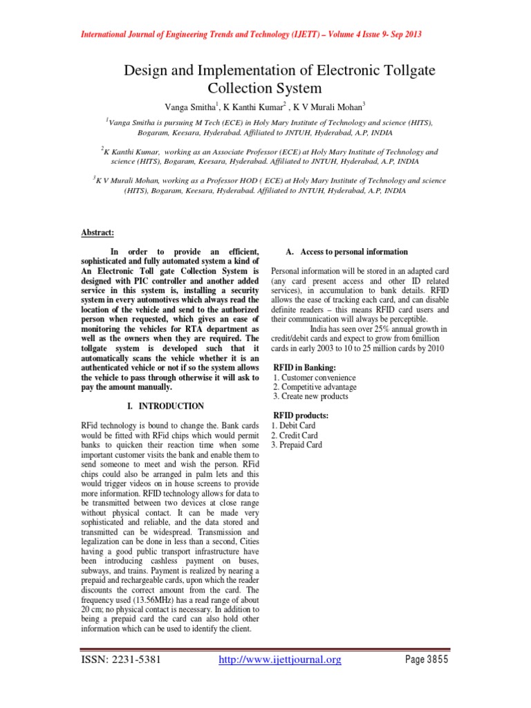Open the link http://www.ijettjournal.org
(x=280, y=660)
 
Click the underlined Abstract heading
(x=98, y=233)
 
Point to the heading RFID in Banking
(x=305, y=366)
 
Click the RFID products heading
(x=301, y=415)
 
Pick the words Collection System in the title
(x=265, y=89)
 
